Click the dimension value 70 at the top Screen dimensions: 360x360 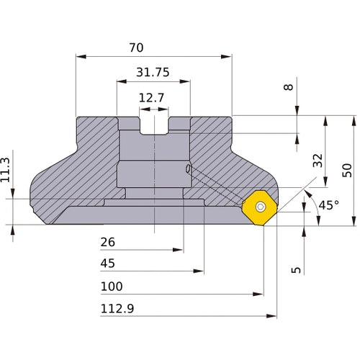(136, 48)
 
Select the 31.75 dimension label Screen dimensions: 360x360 (152, 72)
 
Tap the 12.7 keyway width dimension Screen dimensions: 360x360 (152, 96)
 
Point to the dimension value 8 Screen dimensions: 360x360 (289, 87)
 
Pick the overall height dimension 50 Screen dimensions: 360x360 (347, 169)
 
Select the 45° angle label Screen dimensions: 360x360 (328, 205)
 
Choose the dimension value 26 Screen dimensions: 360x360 (107, 242)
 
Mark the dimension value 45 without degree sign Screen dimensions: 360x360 (107, 264)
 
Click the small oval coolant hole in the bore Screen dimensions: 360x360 (189, 170)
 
